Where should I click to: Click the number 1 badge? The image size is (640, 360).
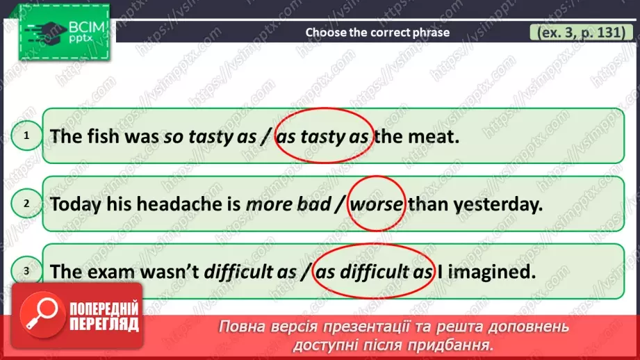pyautogui.click(x=26, y=136)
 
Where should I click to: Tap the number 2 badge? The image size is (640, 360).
pyautogui.click(x=26, y=204)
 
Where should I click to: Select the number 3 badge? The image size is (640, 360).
pyautogui.click(x=26, y=272)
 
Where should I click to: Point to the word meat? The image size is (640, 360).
pyautogui.click(x=437, y=136)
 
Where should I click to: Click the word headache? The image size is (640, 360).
pyautogui.click(x=177, y=204)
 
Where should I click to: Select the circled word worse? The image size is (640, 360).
pyautogui.click(x=376, y=204)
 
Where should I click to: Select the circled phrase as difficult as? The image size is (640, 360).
pyautogui.click(x=373, y=272)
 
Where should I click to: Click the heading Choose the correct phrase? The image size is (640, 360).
pyautogui.click(x=377, y=32)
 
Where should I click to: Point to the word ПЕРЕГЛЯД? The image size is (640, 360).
pyautogui.click(x=104, y=325)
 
